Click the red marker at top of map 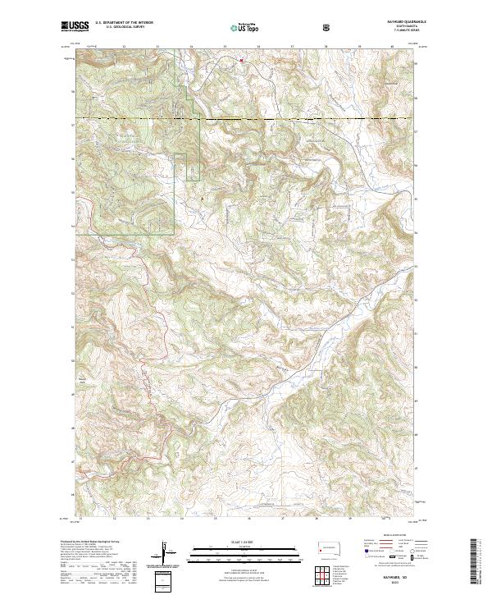click(x=241, y=59)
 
